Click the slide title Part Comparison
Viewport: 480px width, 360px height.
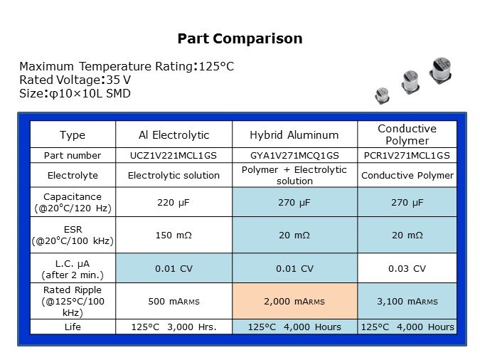240,38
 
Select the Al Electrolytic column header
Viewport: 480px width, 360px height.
174,135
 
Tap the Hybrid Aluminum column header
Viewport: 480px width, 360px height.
294,135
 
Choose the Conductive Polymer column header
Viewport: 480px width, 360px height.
406,134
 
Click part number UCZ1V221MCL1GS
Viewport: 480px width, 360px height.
174,155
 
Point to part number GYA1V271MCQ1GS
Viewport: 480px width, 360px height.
294,155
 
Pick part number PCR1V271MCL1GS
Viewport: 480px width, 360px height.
406,155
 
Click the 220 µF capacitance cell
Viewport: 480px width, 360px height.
174,202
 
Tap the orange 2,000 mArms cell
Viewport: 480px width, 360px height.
294,301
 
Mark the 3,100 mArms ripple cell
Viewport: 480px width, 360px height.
406,301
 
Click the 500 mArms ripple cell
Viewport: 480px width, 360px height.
174,301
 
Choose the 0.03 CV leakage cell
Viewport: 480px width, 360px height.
406,268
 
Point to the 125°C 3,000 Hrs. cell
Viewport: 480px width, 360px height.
174,327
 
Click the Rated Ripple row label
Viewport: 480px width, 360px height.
72,301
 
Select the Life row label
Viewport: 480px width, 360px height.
72,327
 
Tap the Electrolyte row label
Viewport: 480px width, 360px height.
72,175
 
